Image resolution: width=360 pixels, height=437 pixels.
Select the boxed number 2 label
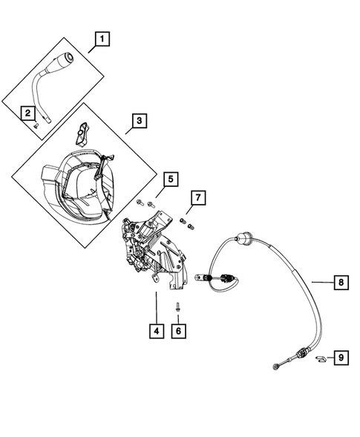pyautogui.click(x=27, y=113)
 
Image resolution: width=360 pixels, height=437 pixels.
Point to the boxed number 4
pyautogui.click(x=156, y=331)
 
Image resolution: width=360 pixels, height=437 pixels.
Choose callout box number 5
pyautogui.click(x=170, y=179)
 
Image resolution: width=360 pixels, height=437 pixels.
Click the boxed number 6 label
pyautogui.click(x=178, y=331)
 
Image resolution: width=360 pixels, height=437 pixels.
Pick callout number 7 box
pyautogui.click(x=197, y=197)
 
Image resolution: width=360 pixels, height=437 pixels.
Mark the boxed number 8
pyautogui.click(x=339, y=282)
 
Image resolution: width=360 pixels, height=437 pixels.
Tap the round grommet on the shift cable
pyautogui.click(x=242, y=240)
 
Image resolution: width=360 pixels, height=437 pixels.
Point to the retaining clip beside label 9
pyautogui.click(x=320, y=359)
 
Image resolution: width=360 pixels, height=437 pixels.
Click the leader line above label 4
pyautogui.click(x=156, y=304)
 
